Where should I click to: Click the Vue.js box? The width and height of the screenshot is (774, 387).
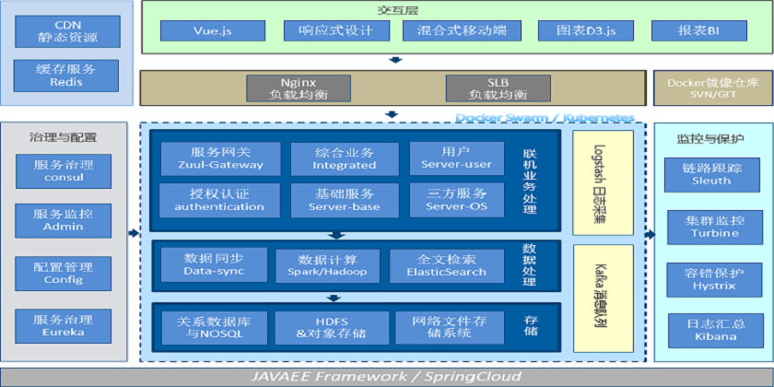[x=213, y=31]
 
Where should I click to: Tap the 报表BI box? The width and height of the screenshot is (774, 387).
[x=698, y=31]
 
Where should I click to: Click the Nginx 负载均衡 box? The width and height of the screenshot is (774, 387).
[x=299, y=88]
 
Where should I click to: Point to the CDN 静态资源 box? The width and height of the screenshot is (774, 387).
[x=66, y=31]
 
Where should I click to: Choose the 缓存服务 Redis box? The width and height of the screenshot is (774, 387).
[x=66, y=76]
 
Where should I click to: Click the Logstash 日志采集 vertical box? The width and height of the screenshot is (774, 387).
[x=603, y=181]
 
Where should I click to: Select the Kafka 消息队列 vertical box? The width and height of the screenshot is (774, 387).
[x=603, y=293]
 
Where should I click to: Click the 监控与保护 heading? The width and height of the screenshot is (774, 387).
[x=710, y=138]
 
